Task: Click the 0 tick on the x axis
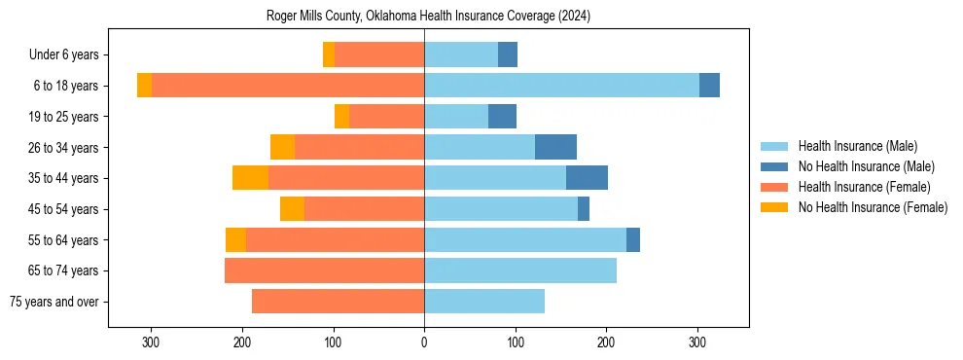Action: tap(424, 342)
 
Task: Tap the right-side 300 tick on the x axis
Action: tap(697, 342)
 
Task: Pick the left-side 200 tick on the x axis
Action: tap(242, 342)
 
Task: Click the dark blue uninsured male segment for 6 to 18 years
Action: tap(709, 86)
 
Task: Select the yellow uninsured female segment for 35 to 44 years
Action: tap(250, 178)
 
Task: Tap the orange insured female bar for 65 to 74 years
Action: tap(324, 270)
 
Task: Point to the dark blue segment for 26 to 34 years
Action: tap(555, 147)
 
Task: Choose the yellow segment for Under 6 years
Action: tap(329, 55)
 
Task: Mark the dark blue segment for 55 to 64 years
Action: tap(633, 239)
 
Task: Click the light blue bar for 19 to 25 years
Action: tap(456, 117)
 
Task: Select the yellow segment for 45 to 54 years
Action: tap(292, 209)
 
